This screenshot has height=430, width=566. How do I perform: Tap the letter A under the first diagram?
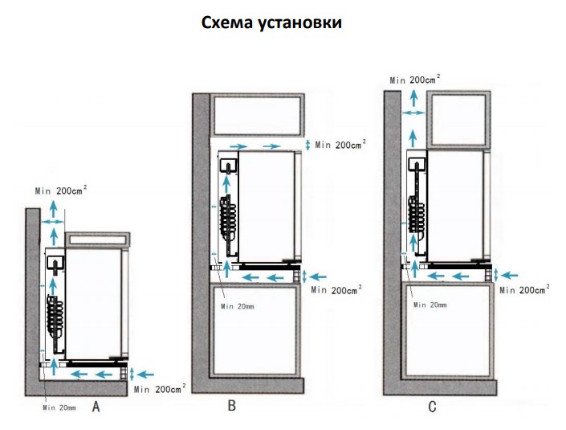pos(96,407)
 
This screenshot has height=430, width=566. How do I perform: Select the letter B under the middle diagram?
pos(231,406)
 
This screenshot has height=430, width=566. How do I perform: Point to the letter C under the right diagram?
pos(432,407)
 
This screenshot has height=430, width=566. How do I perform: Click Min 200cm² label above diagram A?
pos(62,190)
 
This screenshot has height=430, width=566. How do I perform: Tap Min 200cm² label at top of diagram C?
pos(414,79)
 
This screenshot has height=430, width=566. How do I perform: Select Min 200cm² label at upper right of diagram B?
pos(340,144)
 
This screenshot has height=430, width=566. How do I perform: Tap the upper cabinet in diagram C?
pos(457,118)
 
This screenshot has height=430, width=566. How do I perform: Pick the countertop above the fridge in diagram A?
pos(98,240)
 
